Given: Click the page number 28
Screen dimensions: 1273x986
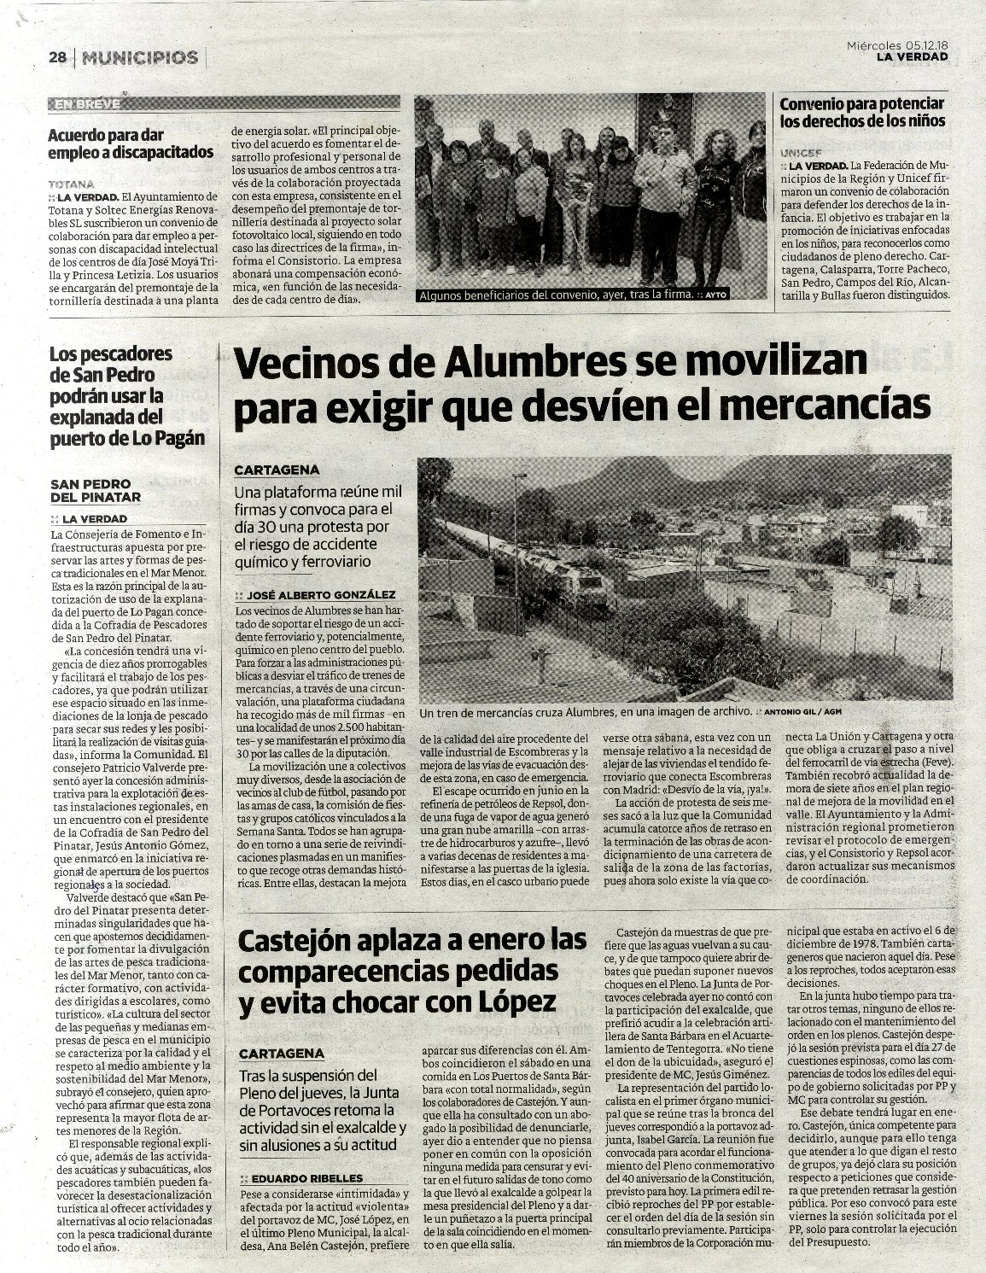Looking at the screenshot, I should pos(57,58).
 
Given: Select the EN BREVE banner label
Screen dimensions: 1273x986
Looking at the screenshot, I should pos(86,105).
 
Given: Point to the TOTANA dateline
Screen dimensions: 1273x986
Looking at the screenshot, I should pos(72,184).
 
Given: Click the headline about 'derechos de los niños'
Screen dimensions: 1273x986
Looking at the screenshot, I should pos(862,112).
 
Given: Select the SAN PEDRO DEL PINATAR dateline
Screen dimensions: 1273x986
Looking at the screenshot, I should pos(95,490).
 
